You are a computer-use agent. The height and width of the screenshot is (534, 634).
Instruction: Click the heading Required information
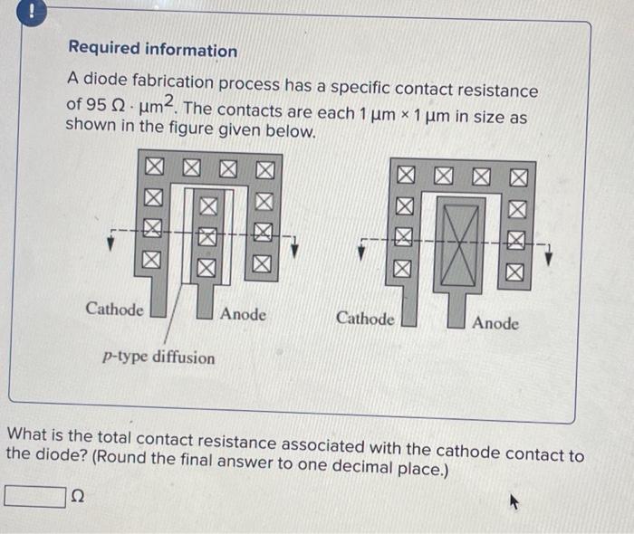click(x=153, y=51)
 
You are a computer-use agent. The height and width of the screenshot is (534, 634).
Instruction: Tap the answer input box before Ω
click(x=35, y=496)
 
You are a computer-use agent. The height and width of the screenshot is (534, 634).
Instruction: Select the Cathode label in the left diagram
click(x=114, y=310)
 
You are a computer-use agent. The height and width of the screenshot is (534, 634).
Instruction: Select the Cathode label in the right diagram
click(x=365, y=319)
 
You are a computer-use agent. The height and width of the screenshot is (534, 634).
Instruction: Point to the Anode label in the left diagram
click(x=244, y=314)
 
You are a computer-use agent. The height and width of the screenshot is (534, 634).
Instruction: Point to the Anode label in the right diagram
click(x=495, y=323)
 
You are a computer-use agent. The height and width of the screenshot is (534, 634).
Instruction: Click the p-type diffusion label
click(x=158, y=358)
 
